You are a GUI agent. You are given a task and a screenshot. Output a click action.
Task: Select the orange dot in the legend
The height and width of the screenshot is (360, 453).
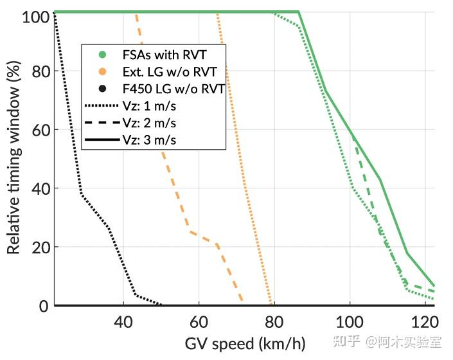102,71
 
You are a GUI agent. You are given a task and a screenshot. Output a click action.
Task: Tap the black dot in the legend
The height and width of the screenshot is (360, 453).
102,89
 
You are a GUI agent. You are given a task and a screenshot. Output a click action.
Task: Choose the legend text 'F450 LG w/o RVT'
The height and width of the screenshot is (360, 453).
172,89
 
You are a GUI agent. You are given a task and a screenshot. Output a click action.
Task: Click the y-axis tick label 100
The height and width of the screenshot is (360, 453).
36,17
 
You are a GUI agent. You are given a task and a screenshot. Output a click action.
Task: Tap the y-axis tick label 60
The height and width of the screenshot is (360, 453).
41,129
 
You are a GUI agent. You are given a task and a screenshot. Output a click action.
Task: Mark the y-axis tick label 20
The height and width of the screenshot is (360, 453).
41,247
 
